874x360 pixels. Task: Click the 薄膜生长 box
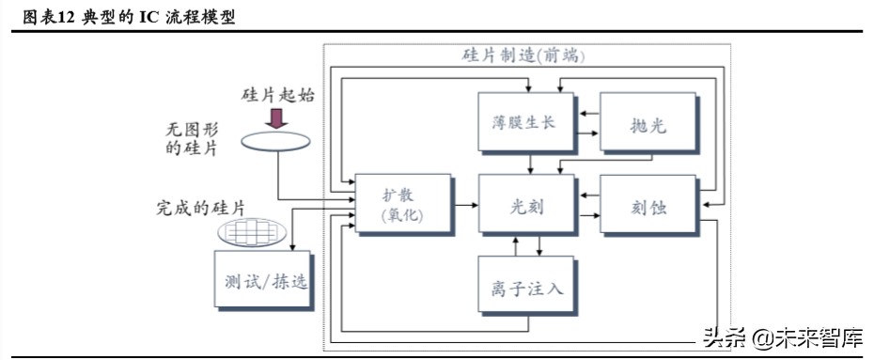[x=524, y=123]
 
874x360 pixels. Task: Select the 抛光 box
[x=647, y=123]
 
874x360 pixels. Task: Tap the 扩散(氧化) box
[x=402, y=204]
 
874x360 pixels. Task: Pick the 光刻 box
[x=526, y=204]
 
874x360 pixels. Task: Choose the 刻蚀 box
[x=647, y=204]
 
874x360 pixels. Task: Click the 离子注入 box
[x=526, y=285]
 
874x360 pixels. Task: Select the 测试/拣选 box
[x=262, y=279]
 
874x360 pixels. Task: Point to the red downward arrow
[x=277, y=117]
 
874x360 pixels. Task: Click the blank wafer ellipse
[x=277, y=140]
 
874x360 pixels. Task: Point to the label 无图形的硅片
[x=188, y=140]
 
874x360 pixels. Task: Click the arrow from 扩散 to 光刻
[x=465, y=202]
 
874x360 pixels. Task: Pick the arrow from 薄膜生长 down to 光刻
[x=532, y=163]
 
